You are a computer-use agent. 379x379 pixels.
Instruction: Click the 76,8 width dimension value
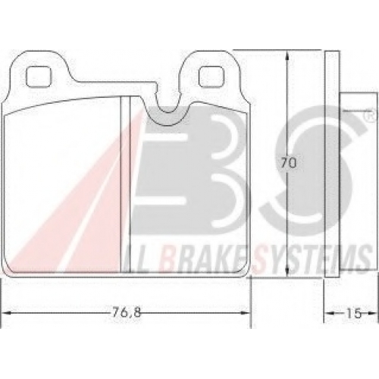click(126, 313)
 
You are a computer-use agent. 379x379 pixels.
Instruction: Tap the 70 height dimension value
click(288, 163)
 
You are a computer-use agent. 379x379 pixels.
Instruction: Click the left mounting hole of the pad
click(39, 77)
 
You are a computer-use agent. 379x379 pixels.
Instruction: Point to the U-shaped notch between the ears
click(168, 106)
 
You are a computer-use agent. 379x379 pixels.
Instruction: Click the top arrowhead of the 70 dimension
click(287, 55)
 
